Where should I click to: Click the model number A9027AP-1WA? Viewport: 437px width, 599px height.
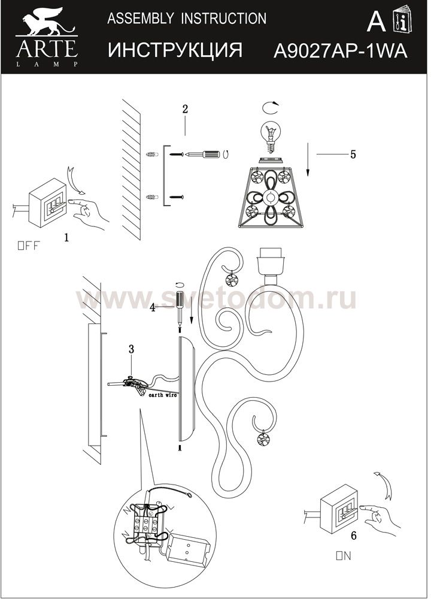[340, 51]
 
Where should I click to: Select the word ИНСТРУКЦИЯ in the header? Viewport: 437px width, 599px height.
[175, 50]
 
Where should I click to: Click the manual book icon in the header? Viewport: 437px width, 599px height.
[402, 20]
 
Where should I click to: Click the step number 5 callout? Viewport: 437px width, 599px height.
[353, 155]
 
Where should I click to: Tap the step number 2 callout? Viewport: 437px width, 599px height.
[185, 109]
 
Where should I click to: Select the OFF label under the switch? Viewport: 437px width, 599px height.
[28, 246]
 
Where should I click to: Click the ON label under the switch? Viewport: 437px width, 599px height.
[343, 555]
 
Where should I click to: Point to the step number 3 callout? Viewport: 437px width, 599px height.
[131, 349]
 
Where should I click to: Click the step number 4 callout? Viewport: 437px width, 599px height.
[153, 308]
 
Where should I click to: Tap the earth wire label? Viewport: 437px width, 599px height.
[163, 395]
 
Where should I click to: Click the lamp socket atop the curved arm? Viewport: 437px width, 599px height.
[271, 262]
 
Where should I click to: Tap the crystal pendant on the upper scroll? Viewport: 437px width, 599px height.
[232, 280]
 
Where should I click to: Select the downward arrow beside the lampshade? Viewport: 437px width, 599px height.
[308, 159]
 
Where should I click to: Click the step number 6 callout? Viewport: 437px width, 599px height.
[353, 536]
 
